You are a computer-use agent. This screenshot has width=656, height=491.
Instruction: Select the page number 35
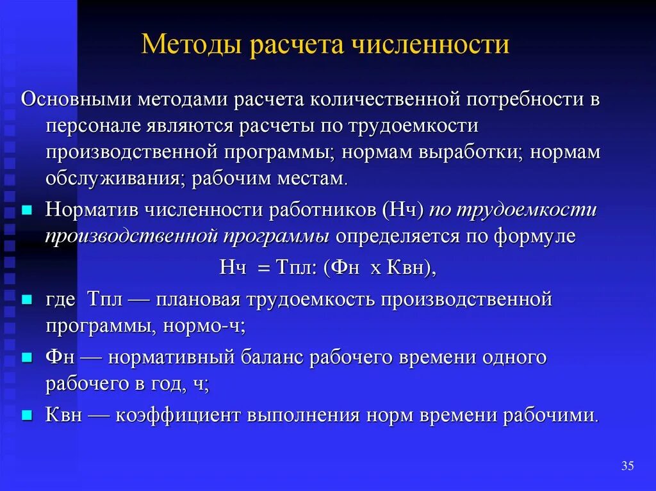tap(627, 466)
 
